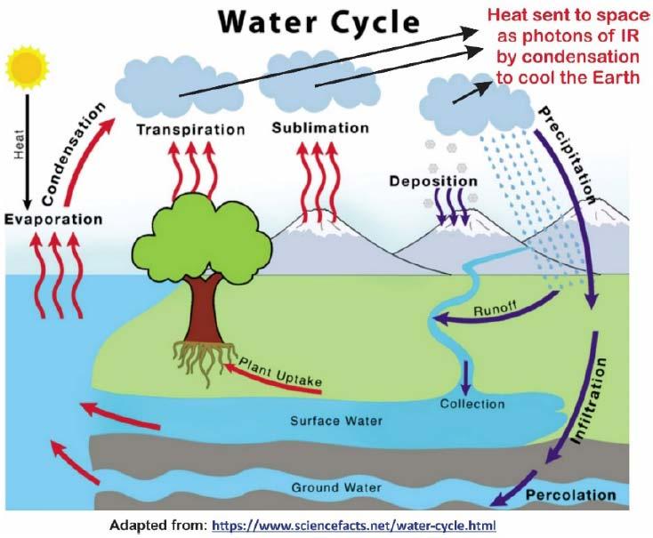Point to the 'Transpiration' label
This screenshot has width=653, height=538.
(190, 130)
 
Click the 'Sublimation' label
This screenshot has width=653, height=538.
(320, 128)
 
